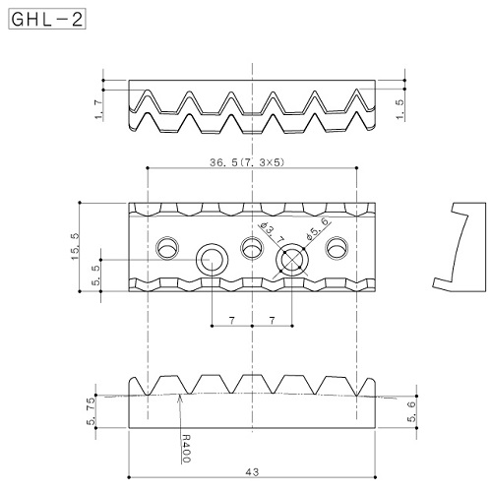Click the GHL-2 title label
tap(47, 20)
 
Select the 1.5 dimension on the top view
tap(400, 109)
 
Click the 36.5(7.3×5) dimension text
tap(247, 162)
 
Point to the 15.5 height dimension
tap(75, 247)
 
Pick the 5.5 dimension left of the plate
tap(95, 275)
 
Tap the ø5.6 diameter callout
tap(317, 227)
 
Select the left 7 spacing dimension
tap(232, 321)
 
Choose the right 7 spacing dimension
tap(272, 321)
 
